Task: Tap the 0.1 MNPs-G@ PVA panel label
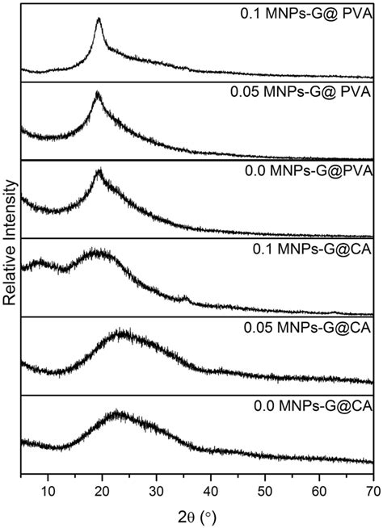[308, 13]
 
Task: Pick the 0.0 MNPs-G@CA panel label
[310, 406]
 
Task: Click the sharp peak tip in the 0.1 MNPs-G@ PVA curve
[99, 19]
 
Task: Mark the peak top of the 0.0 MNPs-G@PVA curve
[99, 171]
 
